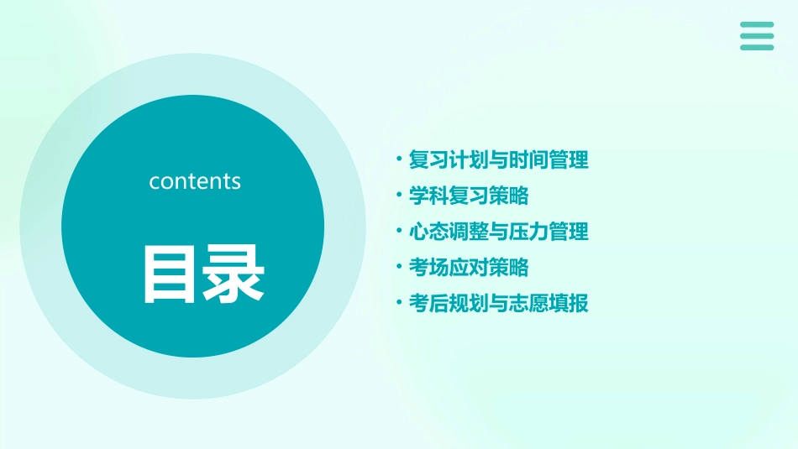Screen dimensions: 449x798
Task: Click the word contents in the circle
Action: pos(195,181)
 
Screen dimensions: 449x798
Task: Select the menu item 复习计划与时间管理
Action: pos(498,159)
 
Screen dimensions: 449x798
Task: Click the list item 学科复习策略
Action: pos(468,196)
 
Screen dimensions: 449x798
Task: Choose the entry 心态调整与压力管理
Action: pos(498,231)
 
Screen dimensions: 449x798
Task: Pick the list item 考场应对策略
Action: pos(468,267)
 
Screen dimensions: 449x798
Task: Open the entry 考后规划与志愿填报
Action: pos(498,303)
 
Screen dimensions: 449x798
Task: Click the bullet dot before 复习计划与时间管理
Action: pos(399,159)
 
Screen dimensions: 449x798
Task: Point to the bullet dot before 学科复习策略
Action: pos(399,195)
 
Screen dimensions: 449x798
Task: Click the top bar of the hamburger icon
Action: pos(757,25)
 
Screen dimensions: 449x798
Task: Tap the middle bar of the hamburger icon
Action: pos(757,36)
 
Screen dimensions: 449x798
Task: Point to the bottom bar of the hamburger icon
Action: pos(757,47)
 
